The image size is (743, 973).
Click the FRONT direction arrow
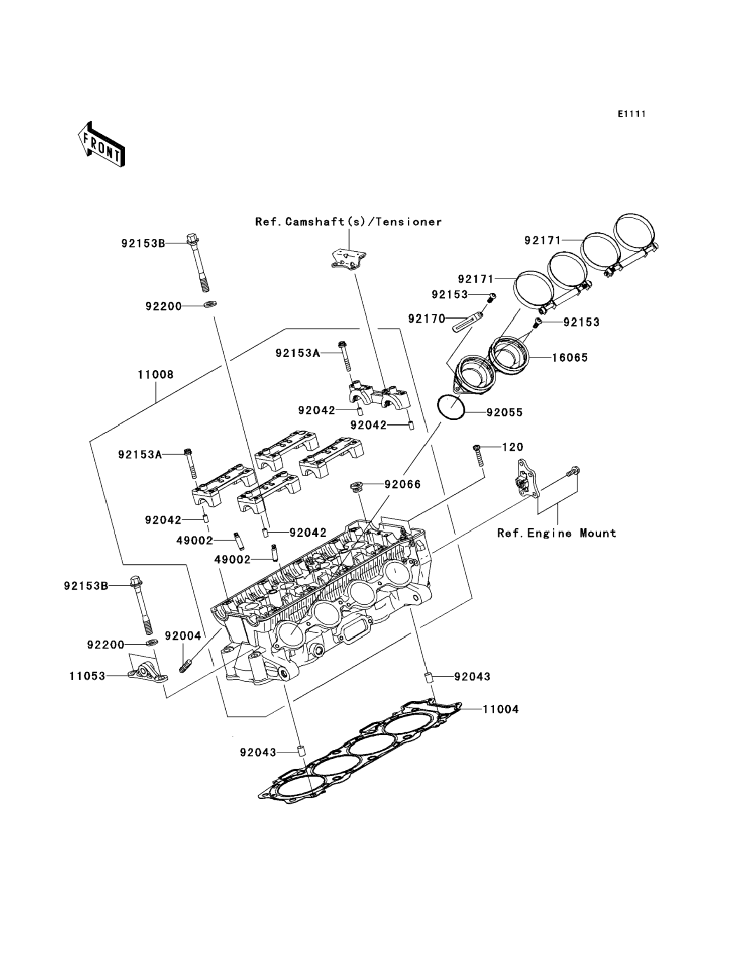101,145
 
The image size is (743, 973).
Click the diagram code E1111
632,114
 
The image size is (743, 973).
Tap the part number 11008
156,374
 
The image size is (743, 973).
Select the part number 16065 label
570,357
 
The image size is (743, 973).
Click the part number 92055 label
505,412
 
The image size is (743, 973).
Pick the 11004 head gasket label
501,709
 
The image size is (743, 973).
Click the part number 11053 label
87,676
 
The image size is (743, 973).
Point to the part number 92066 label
402,484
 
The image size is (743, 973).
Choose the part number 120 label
513,447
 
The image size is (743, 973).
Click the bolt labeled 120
479,455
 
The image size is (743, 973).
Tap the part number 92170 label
427,318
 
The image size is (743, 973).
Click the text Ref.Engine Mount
557,533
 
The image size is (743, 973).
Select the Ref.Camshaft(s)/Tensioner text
348,222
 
